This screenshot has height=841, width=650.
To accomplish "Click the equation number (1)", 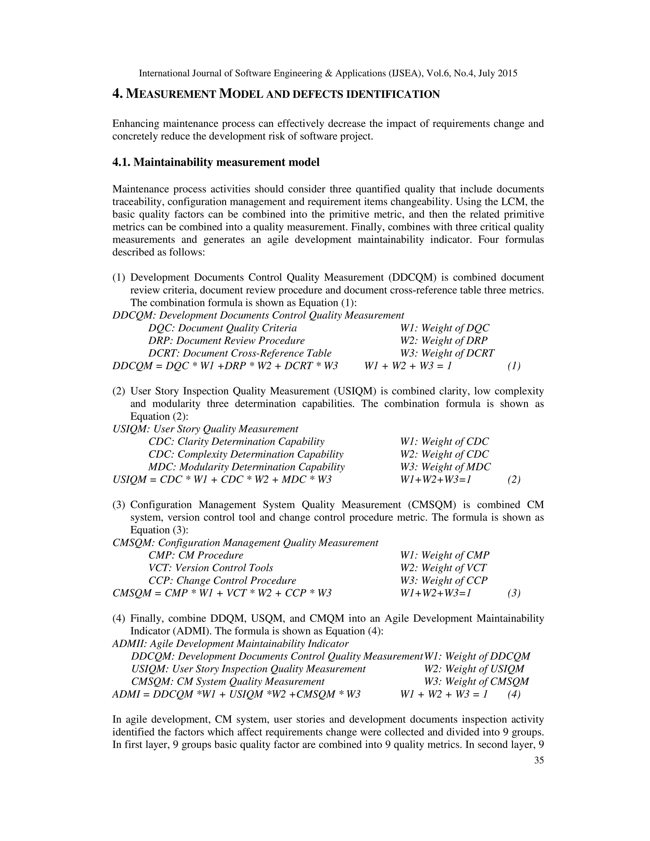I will (x=514, y=366).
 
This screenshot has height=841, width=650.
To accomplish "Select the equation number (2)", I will (x=514, y=480).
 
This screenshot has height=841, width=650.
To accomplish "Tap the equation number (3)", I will (x=514, y=593).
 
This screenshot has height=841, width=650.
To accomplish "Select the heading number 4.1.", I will (x=121, y=162).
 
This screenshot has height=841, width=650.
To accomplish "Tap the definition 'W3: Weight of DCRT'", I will (x=447, y=353).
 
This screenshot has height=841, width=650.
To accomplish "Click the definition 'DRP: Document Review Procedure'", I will (x=226, y=341).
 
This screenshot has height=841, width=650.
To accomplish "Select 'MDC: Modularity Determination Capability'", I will (x=246, y=467).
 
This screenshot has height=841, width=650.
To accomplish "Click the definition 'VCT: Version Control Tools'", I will (x=211, y=568).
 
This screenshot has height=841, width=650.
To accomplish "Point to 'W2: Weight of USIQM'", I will (x=474, y=669).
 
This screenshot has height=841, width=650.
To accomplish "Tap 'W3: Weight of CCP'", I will (x=444, y=580).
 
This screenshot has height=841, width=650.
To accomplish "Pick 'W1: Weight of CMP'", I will (x=445, y=555).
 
